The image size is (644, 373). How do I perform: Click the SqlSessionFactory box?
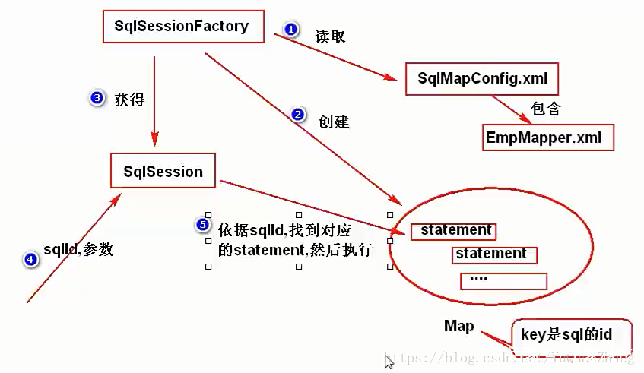(x=182, y=27)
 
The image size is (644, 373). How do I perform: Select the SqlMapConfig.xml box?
(x=482, y=78)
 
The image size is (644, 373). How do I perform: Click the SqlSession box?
(x=163, y=172)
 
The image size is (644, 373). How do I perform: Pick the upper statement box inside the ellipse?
(x=454, y=230)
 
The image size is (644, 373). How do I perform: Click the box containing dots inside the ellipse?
(x=503, y=280)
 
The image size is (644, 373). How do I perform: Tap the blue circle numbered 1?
(x=290, y=29)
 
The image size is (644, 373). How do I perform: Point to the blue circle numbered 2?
(x=297, y=115)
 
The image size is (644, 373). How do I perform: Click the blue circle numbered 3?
(x=97, y=99)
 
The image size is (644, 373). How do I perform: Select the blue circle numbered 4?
(x=30, y=260)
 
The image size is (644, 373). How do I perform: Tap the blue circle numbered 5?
(x=202, y=224)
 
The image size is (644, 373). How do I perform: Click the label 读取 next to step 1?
(x=330, y=36)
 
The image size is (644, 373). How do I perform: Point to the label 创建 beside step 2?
(x=334, y=122)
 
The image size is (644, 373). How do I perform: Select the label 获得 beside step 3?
(x=128, y=100)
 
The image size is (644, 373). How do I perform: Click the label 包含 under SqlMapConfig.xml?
(x=546, y=109)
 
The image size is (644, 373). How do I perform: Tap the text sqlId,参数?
(x=78, y=250)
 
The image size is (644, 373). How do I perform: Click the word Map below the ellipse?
(x=459, y=327)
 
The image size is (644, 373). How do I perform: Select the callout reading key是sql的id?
(x=566, y=335)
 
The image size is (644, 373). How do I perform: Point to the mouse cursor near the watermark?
(x=389, y=362)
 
